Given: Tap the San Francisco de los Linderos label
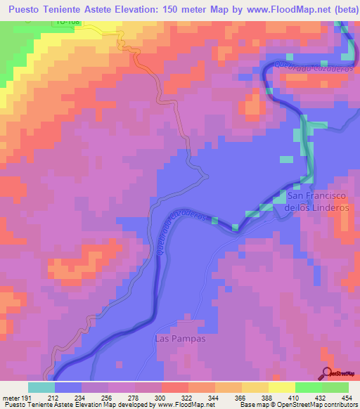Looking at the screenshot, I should point(317,202).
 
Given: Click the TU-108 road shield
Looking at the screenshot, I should point(65,22).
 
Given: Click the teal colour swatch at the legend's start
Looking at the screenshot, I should point(41,387).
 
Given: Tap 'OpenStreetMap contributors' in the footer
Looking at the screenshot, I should point(326,405).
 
